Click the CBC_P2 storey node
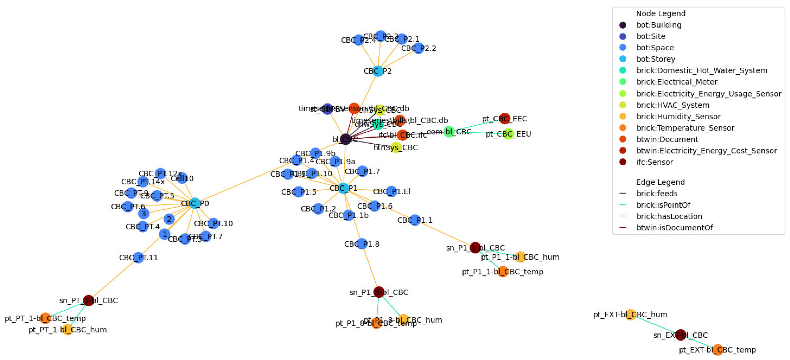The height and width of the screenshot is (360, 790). pyautogui.click(x=377, y=71)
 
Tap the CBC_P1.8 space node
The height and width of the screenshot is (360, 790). pyautogui.click(x=362, y=244)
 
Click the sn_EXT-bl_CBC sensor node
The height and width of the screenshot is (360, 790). pyautogui.click(x=681, y=335)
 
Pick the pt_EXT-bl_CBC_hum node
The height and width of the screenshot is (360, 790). pyautogui.click(x=630, y=314)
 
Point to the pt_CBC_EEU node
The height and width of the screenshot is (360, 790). pyautogui.click(x=508, y=134)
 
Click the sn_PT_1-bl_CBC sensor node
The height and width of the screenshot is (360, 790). pyautogui.click(x=88, y=300)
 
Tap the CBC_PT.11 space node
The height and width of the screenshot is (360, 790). pyautogui.click(x=138, y=257)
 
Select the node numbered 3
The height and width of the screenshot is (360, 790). pyautogui.click(x=143, y=213)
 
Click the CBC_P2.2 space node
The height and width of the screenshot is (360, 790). pyautogui.click(x=418, y=48)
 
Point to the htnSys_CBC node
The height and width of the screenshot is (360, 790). pyautogui.click(x=396, y=148)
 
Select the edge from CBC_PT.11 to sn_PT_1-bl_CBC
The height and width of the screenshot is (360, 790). pyautogui.click(x=114, y=279)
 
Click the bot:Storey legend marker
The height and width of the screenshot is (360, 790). pyautogui.click(x=622, y=59)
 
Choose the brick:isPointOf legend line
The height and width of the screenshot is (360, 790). pyautogui.click(x=622, y=205)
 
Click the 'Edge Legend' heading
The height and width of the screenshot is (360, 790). pyautogui.click(x=660, y=182)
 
